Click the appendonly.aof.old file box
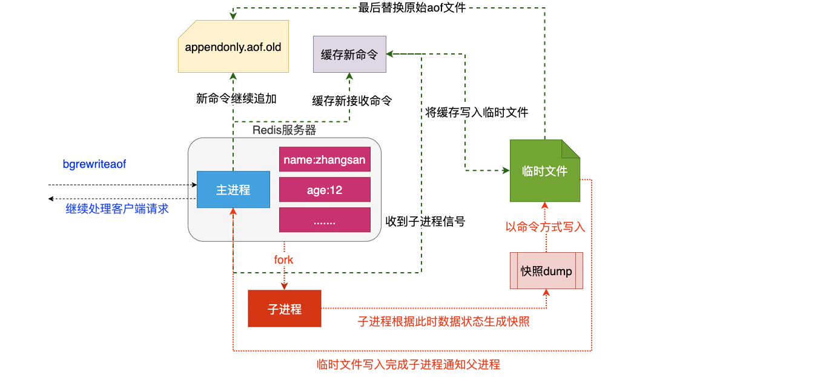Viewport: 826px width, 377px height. coord(233,47)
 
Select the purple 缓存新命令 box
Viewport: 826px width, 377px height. coord(349,55)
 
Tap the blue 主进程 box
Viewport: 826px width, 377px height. coord(233,190)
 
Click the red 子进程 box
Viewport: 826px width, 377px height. coord(285,309)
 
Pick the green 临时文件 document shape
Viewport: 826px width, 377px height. coord(545,171)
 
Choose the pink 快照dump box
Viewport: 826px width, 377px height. coord(546,271)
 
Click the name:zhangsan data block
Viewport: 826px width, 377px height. coord(325,160)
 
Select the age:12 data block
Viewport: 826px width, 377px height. coord(325,190)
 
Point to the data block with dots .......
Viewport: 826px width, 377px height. coord(325,220)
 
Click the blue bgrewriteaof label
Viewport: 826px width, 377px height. coord(94,164)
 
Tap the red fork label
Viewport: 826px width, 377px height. coord(283,260)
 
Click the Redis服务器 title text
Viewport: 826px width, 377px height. coord(284,130)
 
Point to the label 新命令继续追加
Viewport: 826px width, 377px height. coord(236,98)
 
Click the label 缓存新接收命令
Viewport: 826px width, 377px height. coord(352,101)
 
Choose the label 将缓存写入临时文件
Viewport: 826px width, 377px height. coord(477,112)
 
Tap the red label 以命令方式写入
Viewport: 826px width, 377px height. coord(545,227)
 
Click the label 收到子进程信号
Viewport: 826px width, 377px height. coord(425,221)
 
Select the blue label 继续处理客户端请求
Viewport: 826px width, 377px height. coord(117,209)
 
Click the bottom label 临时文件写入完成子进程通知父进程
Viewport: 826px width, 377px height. coord(409,364)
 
